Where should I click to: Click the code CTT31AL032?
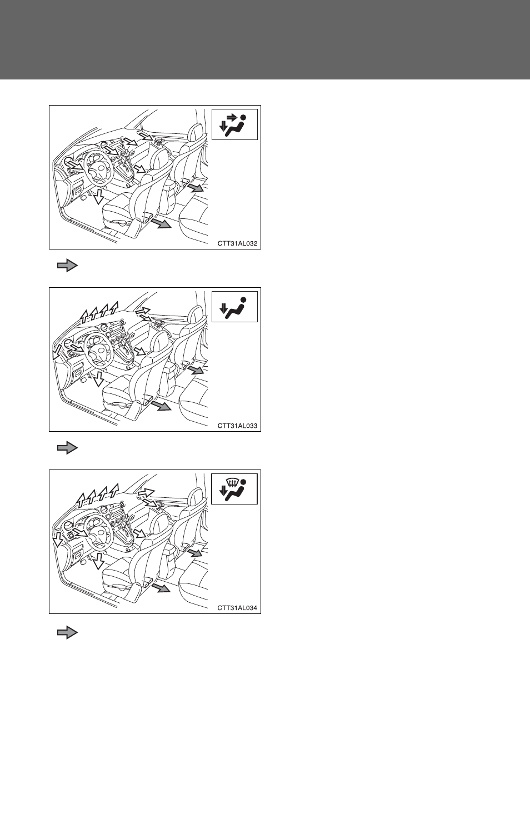(237, 243)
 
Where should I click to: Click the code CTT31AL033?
(237, 426)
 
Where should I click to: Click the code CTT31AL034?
(237, 608)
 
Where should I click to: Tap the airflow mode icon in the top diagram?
(234, 124)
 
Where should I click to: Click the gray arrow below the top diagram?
(68, 266)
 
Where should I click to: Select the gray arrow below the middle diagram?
(68, 448)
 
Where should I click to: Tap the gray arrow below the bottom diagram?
(68, 632)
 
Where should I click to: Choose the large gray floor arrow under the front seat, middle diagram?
(161, 405)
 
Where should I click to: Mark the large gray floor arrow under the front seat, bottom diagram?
(161, 587)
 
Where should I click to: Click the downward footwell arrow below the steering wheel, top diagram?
(98, 197)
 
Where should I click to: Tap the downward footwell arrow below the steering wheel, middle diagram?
(98, 379)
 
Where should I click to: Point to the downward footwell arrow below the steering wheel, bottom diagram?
(98, 561)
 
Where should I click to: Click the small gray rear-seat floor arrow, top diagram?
(196, 188)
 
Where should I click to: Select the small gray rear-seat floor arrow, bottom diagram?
(196, 553)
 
